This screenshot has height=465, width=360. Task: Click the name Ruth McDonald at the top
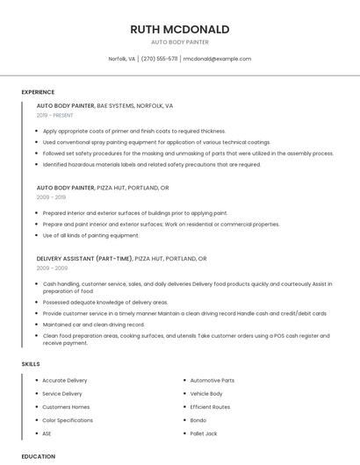pyautogui.click(x=179, y=29)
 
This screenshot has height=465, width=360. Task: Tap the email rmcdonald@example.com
pyautogui.click(x=217, y=59)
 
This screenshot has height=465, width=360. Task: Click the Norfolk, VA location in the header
pyautogui.click(x=122, y=59)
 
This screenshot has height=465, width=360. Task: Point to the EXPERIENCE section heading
pyautogui.click(x=38, y=91)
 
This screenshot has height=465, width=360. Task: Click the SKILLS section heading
pyautogui.click(x=31, y=363)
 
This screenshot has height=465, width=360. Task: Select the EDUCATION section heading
pyautogui.click(x=38, y=456)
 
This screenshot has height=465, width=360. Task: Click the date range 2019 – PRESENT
pyautogui.click(x=55, y=115)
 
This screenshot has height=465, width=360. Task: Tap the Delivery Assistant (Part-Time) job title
pyautogui.click(x=83, y=259)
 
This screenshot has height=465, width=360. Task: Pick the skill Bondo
pyautogui.click(x=199, y=420)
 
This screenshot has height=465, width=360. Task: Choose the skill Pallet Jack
pyautogui.click(x=204, y=433)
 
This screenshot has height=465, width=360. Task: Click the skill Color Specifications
pyautogui.click(x=68, y=420)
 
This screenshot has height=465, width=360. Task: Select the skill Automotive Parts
pyautogui.click(x=212, y=381)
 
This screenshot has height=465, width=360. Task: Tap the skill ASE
pyautogui.click(x=47, y=433)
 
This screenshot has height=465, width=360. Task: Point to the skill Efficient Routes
pyautogui.click(x=210, y=407)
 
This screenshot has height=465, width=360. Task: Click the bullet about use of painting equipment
pyautogui.click(x=90, y=235)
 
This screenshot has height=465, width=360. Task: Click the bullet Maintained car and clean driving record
pyautogui.click(x=93, y=324)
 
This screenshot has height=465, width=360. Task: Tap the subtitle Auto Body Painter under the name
pyautogui.click(x=179, y=41)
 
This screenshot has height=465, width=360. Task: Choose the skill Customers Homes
pyautogui.click(x=66, y=407)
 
